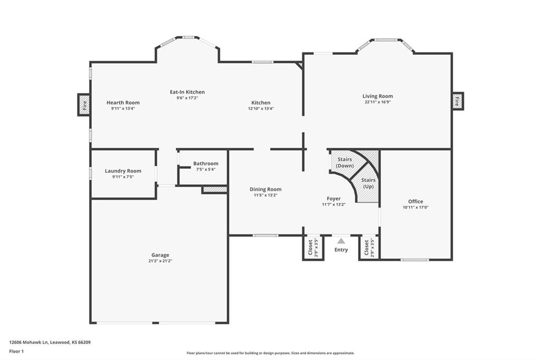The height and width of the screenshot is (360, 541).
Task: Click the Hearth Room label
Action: [x=123, y=102]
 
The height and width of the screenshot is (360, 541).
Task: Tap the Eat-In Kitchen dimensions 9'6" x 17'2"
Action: [x=188, y=98]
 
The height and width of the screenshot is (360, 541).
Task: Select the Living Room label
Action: [x=377, y=96]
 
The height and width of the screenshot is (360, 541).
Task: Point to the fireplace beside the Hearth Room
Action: [x=84, y=105]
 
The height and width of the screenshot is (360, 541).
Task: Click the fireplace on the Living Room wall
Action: [x=458, y=101]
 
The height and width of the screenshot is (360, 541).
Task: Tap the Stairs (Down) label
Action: [x=344, y=163]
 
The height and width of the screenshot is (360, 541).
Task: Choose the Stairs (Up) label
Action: [x=368, y=183]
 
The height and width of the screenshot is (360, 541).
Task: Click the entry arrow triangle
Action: [x=341, y=241]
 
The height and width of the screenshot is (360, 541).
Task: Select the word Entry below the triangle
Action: [x=341, y=250]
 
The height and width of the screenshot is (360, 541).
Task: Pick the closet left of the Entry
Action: [x=313, y=248]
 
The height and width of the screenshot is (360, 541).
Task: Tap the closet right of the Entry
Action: [x=369, y=248]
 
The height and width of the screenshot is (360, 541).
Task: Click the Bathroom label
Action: [x=206, y=164]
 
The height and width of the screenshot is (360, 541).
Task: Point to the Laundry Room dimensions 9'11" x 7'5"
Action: [x=123, y=177]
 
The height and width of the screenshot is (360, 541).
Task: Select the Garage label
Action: [x=160, y=255]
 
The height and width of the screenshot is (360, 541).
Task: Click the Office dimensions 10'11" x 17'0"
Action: [x=415, y=207]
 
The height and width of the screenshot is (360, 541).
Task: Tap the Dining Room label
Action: [x=265, y=190]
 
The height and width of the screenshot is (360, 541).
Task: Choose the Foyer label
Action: [x=334, y=198]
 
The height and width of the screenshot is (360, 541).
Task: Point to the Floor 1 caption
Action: [x=16, y=352]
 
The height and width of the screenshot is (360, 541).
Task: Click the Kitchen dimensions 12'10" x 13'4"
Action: [x=261, y=109]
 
